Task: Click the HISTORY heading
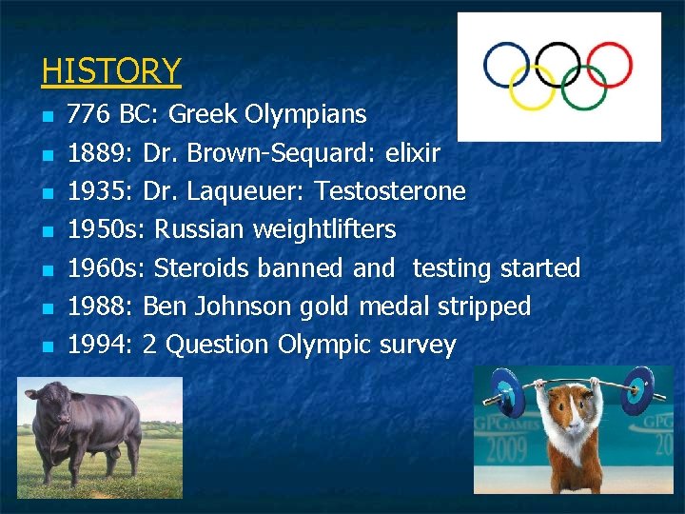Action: [111, 70]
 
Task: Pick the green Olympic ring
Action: [583, 87]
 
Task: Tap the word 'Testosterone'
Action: [390, 191]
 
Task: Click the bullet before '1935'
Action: [47, 193]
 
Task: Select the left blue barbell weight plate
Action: [505, 390]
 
